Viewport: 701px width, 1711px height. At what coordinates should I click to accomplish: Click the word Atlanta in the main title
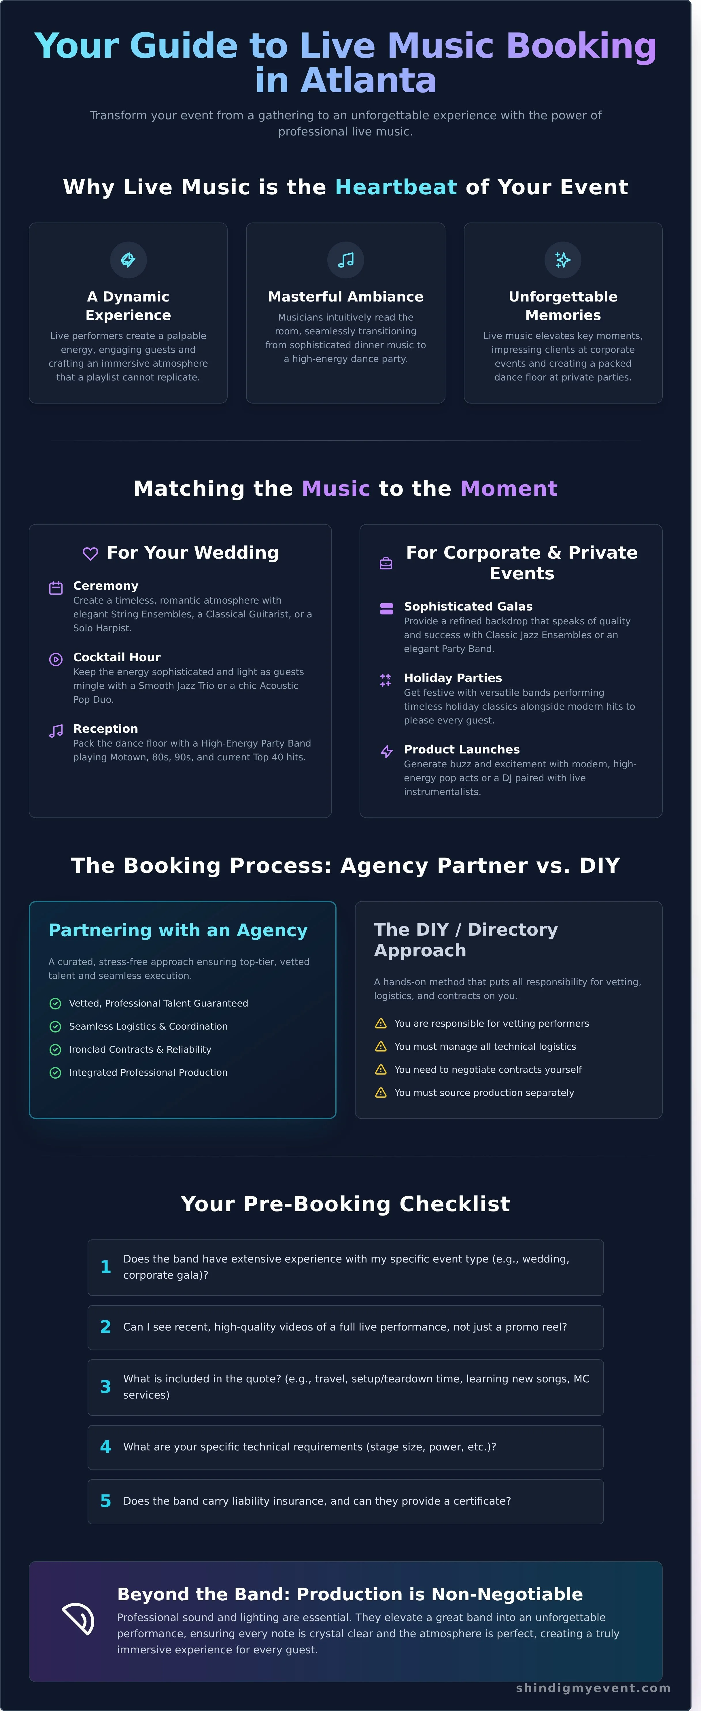pos(369,81)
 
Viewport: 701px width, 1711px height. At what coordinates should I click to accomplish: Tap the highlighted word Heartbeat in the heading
pos(396,187)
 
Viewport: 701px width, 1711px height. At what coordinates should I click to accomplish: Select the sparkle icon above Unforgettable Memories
pos(563,260)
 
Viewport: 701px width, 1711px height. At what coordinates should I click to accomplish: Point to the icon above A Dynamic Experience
pos(128,260)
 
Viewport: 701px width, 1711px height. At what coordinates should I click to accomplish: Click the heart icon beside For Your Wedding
pos(90,553)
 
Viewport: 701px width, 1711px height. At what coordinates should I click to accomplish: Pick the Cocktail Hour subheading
pos(117,657)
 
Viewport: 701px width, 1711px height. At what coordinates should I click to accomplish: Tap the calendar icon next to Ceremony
pos(56,588)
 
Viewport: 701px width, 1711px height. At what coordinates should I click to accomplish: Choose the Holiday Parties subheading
pos(453,677)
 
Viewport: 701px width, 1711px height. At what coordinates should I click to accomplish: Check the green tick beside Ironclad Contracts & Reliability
pos(56,1049)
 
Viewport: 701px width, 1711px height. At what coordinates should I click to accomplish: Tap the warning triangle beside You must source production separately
pos(381,1093)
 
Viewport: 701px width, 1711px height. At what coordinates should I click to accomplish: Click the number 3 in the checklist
pos(105,1387)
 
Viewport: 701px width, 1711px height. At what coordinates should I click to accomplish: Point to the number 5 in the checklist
pos(105,1501)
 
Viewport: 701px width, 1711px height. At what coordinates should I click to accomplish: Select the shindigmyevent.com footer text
pos(593,1688)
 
